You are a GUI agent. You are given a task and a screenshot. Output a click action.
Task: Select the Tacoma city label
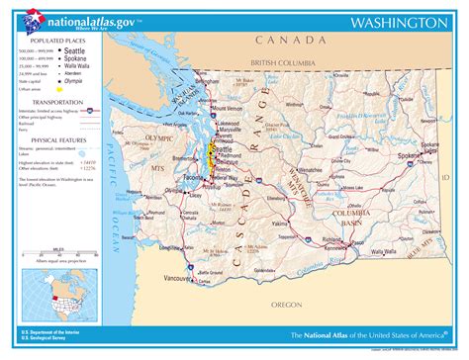195,180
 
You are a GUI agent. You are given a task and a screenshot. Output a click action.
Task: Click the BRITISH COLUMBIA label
285,62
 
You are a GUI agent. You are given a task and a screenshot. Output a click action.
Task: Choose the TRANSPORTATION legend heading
55,101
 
